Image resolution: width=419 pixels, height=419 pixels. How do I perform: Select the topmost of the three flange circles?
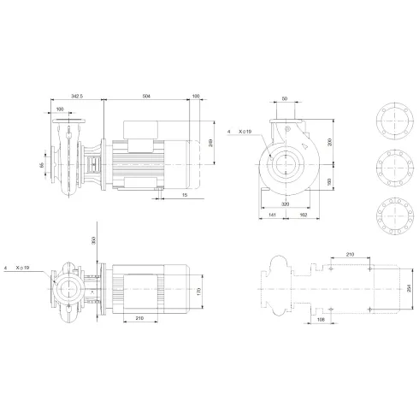[392, 121]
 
